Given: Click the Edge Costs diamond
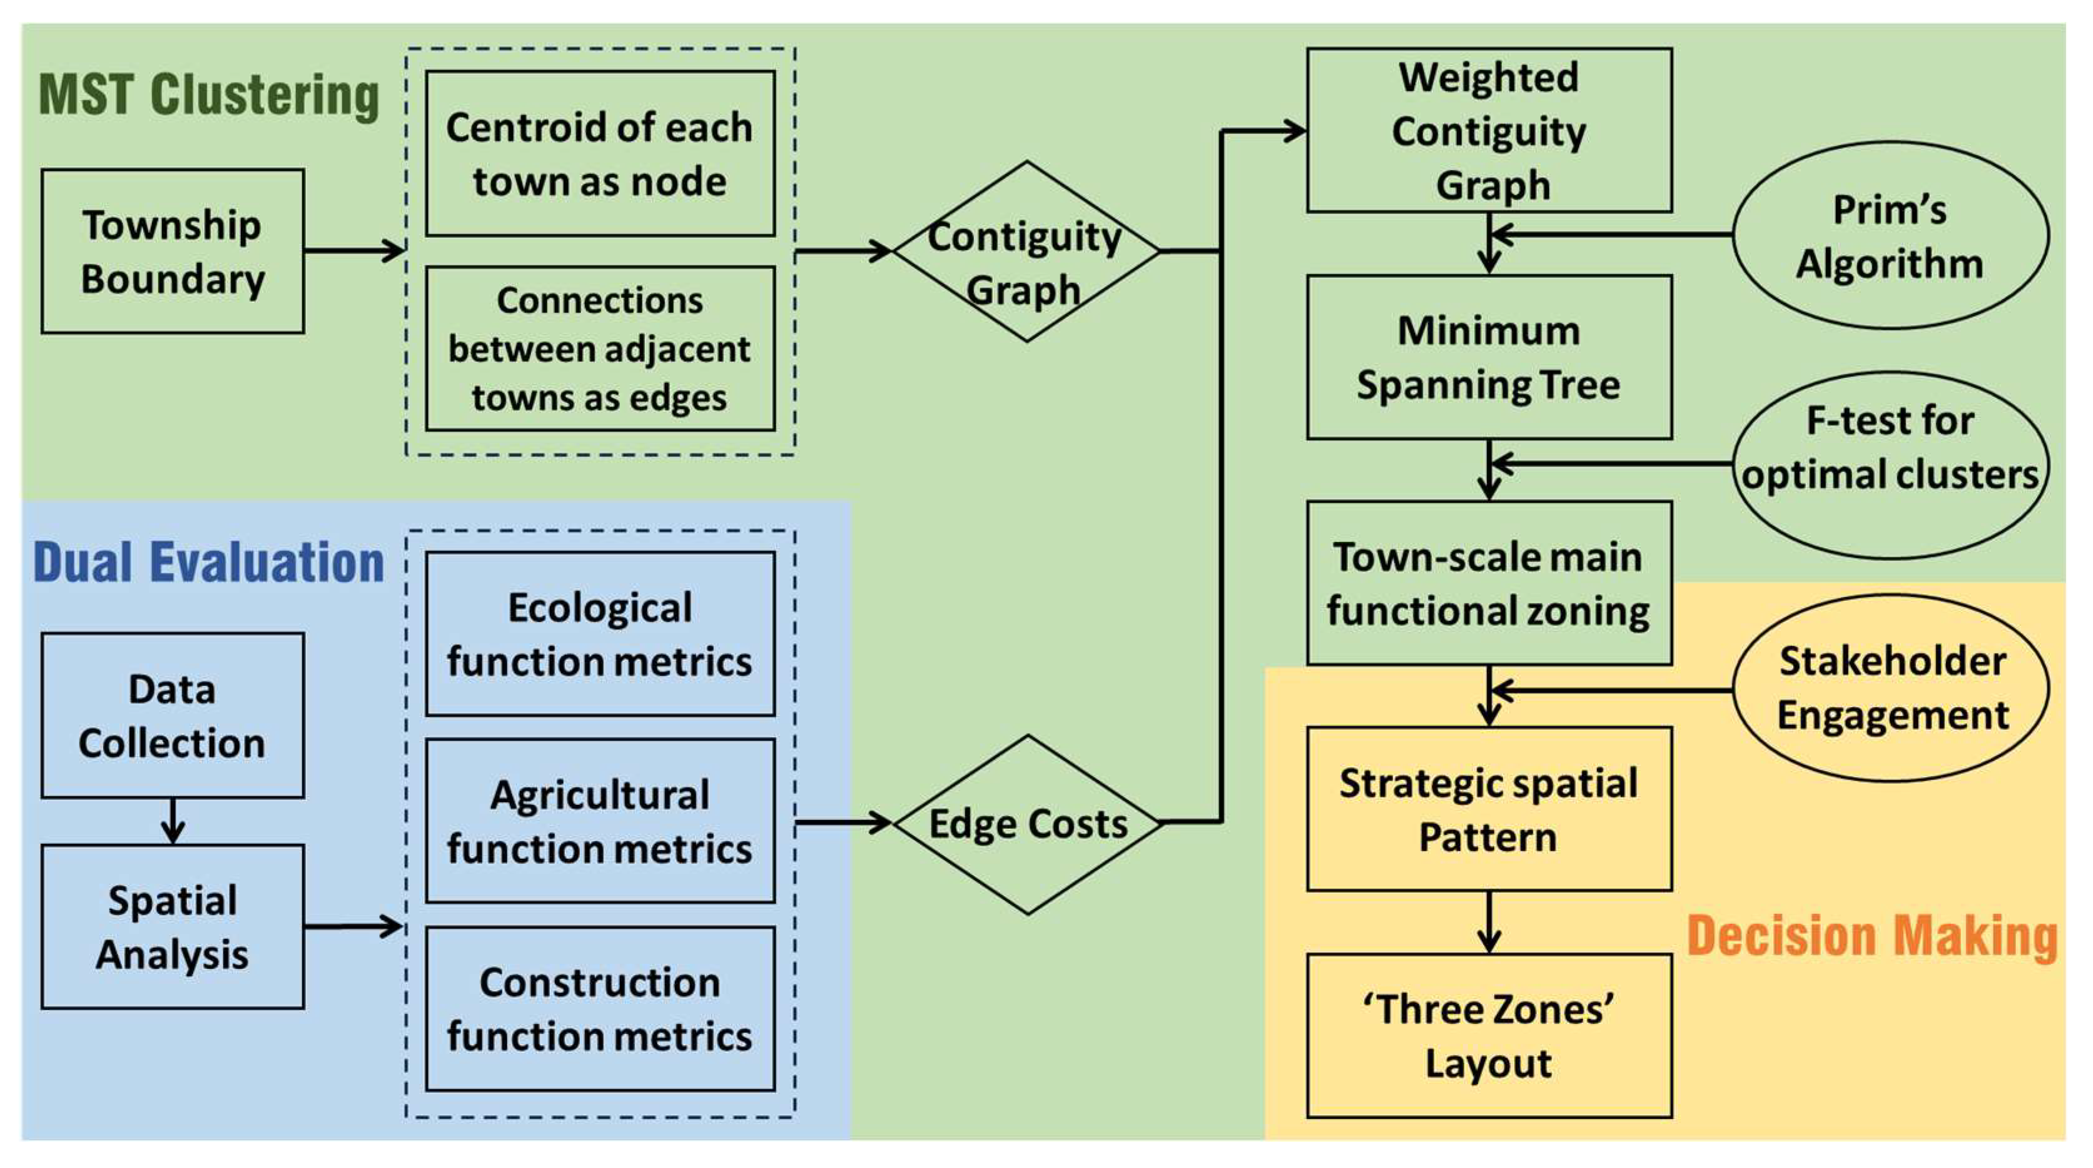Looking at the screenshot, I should (1027, 823).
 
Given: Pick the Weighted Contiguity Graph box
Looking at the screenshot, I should (1489, 130).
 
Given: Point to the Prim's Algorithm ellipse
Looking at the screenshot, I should (1890, 236).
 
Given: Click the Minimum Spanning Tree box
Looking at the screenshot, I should (1489, 357).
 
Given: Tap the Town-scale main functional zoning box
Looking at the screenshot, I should (1489, 583).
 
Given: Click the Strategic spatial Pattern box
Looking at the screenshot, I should (1489, 809).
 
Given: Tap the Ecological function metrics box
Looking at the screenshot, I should (600, 634).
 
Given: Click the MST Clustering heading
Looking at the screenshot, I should (209, 96).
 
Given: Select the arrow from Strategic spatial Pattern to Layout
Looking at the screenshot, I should (1489, 923).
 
